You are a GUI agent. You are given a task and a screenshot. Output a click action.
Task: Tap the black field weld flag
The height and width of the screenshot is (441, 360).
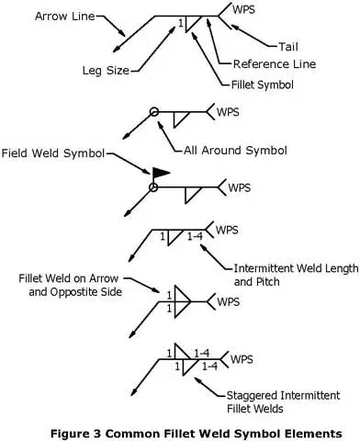[160, 171]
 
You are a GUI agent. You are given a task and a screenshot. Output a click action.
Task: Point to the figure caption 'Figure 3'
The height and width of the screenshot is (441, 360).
[179, 429]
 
